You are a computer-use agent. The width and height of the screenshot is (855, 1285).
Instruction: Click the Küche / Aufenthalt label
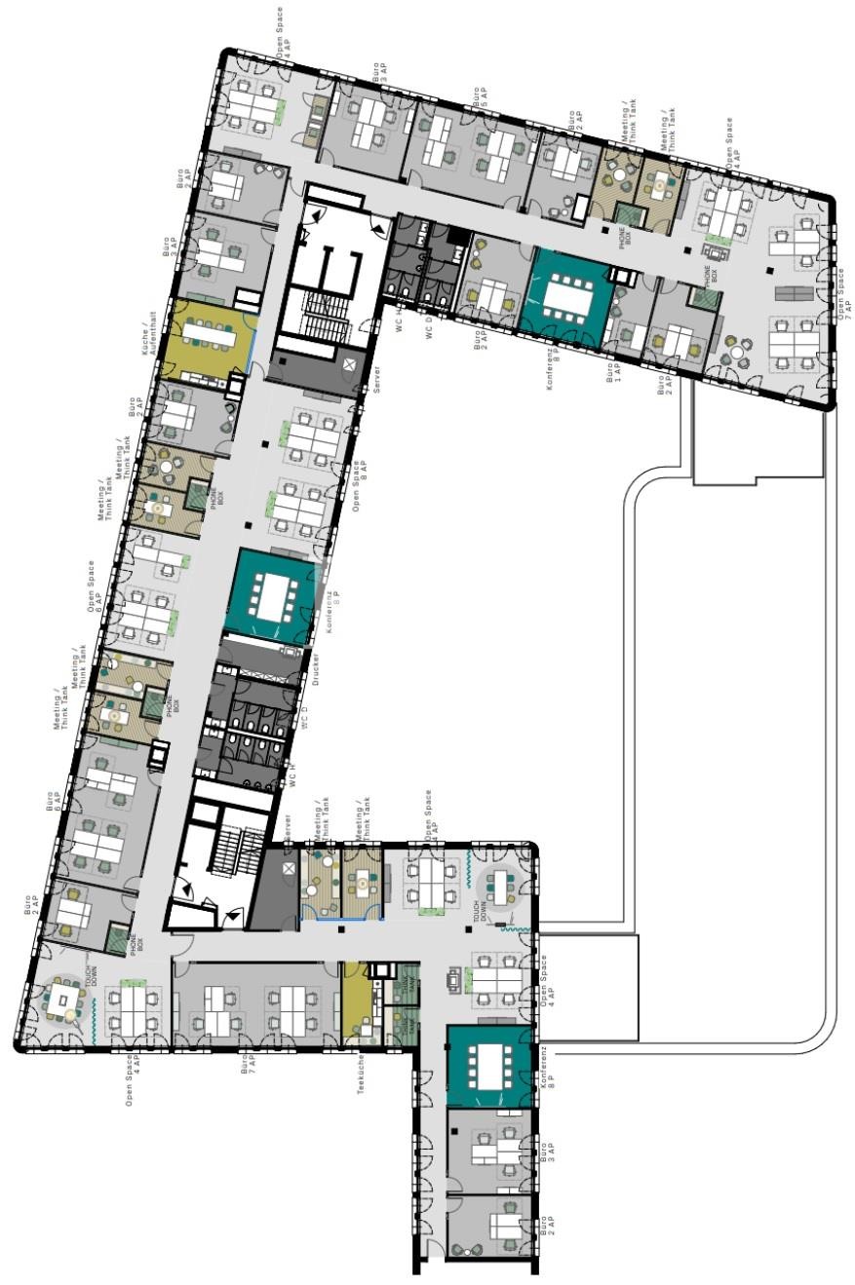click(151, 334)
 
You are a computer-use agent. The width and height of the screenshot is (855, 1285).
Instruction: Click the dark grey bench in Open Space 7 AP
click(792, 294)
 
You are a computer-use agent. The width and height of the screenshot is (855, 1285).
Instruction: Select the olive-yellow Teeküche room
click(355, 1002)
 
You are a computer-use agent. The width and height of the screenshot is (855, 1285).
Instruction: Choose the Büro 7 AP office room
click(256, 1003)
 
